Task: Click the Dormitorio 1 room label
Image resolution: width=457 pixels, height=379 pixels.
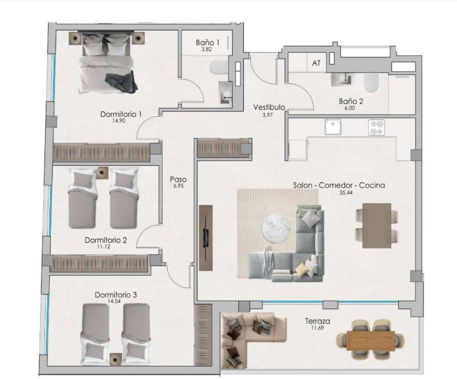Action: (x=121, y=114)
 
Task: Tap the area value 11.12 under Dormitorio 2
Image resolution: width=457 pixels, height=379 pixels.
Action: (x=105, y=247)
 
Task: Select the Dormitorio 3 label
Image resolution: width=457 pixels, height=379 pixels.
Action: (x=116, y=295)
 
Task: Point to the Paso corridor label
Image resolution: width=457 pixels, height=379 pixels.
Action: (x=178, y=180)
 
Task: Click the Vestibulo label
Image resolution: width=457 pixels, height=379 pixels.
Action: (x=269, y=107)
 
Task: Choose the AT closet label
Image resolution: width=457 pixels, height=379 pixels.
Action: (x=316, y=63)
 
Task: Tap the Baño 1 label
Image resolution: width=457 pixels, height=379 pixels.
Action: (x=208, y=43)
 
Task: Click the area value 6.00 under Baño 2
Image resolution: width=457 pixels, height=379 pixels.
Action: (x=350, y=108)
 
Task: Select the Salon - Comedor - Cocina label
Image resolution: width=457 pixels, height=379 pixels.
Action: (x=339, y=186)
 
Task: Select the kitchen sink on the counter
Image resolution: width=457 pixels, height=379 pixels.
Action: (x=333, y=126)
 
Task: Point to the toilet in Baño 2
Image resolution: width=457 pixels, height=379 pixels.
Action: (x=371, y=84)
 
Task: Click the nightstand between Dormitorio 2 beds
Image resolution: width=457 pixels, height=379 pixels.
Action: (x=102, y=173)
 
